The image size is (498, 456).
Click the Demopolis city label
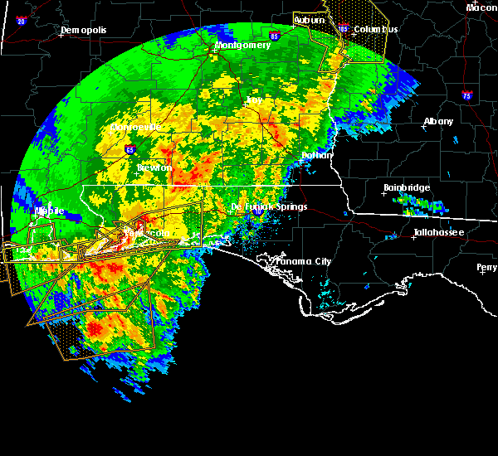85,32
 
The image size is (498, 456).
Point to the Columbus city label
375,29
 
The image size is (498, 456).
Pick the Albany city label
438,121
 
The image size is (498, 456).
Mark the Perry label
486,268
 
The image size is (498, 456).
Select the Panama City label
303,261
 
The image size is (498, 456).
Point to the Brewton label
154,167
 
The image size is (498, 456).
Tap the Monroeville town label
134,128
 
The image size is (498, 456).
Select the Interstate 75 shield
467,95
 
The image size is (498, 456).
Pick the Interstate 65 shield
130,150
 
